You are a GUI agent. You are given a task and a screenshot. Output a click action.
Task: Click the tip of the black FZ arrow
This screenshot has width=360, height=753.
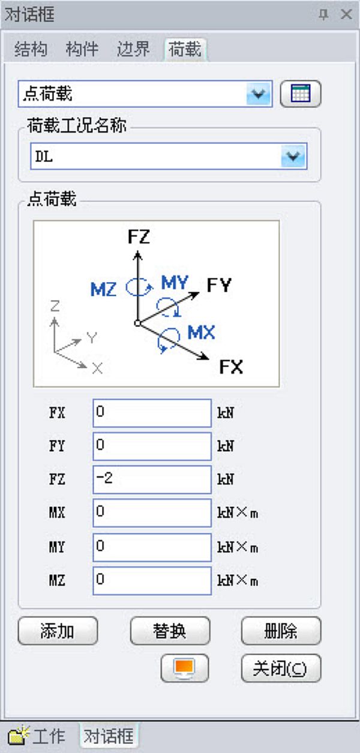coord(137,251)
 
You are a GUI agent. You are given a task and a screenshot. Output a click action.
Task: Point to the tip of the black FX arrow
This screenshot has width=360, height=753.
coord(209,358)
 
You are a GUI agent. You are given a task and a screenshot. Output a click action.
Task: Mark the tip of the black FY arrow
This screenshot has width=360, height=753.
coord(199,293)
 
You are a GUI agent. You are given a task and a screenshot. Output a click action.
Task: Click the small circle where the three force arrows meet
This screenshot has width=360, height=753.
coord(137,323)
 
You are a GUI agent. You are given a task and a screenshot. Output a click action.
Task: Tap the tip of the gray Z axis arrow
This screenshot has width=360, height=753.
coord(54,319)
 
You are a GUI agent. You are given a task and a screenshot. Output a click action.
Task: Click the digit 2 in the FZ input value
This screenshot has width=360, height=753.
coord(108,478)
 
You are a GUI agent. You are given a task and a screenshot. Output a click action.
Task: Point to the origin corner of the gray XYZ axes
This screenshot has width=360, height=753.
coord(55,352)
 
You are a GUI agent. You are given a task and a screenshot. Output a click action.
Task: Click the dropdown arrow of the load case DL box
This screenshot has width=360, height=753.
coord(293,157)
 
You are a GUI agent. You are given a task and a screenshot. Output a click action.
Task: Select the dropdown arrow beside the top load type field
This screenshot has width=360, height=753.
coord(259,94)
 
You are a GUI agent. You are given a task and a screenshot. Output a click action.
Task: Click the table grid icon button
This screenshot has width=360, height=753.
coord(301,94)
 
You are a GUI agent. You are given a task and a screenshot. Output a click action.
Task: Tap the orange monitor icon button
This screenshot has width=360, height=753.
coord(185,668)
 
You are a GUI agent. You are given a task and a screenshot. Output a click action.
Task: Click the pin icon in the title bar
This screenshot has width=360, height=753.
coord(323,14)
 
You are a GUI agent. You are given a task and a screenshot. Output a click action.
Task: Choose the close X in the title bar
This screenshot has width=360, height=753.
coord(346,14)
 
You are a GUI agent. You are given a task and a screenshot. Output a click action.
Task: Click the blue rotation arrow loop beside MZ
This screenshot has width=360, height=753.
coord(139,287)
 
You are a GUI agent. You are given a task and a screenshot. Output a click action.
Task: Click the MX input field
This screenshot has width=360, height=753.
coord(152,513)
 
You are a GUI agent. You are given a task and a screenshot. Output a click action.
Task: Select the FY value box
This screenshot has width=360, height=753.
coord(152,446)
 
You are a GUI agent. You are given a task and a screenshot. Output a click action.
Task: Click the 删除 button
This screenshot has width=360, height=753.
coord(281,631)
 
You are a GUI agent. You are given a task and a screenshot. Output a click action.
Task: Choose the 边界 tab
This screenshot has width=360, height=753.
coord(133,49)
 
